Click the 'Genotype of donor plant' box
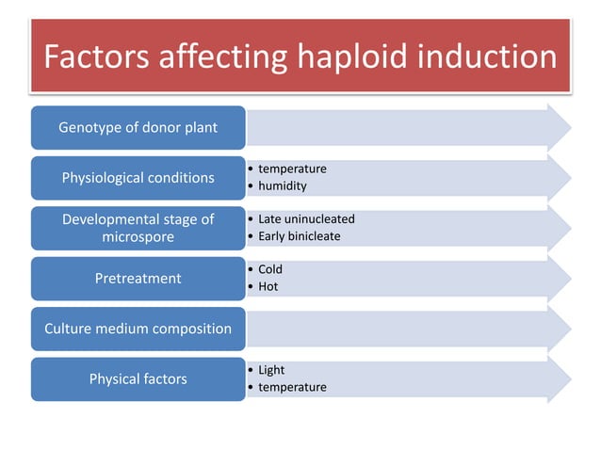138,127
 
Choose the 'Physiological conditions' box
138,177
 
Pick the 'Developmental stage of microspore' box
138,228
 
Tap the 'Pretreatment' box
138,278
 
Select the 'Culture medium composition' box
138,329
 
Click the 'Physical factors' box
138,379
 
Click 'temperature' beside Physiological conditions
292,169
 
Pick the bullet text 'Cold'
270,269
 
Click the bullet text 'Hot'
268,286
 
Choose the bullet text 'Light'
271,370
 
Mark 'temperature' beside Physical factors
292,387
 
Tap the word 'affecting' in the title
222,58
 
